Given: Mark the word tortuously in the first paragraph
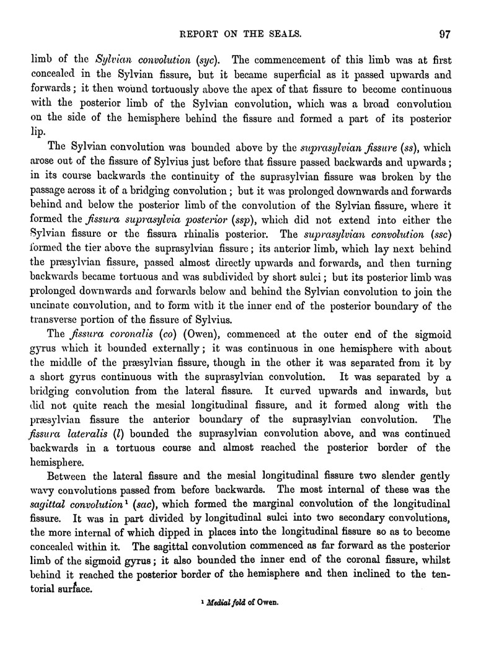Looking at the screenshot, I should click(145, 89).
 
